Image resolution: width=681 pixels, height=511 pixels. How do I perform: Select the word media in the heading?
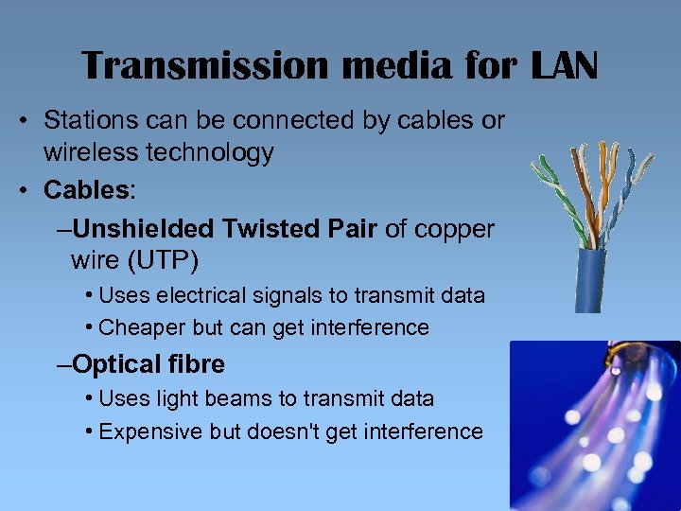click(369, 66)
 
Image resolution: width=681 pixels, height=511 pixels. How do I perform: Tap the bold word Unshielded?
click(145, 228)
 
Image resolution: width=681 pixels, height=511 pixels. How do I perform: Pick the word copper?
click(452, 228)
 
